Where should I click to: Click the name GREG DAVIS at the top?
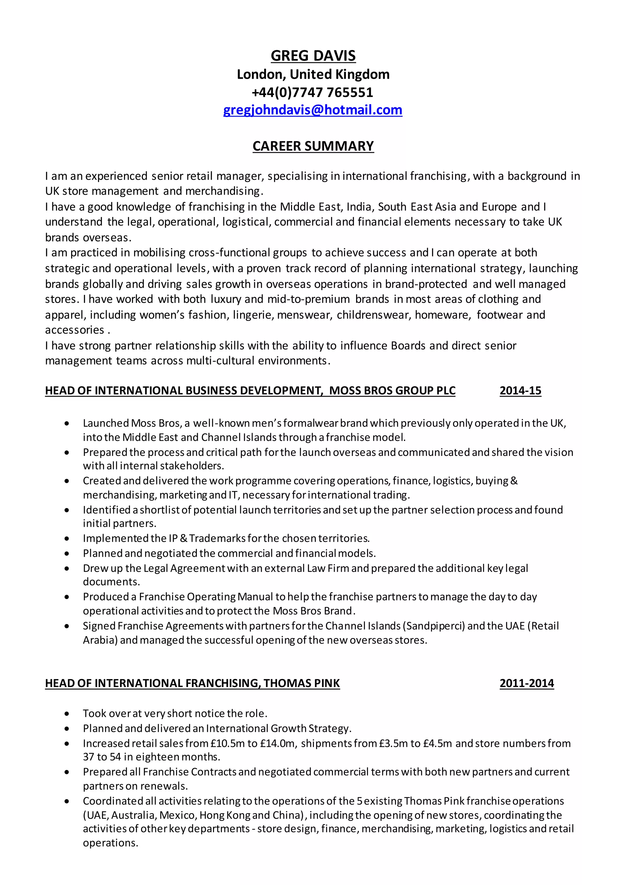pyautogui.click(x=313, y=56)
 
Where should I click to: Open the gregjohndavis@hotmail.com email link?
pyautogui.click(x=313, y=110)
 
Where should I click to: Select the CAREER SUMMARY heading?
pyautogui.click(x=313, y=146)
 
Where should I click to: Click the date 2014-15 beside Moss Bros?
pyautogui.click(x=520, y=391)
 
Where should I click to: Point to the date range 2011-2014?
pyautogui.click(x=527, y=683)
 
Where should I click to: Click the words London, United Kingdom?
pyautogui.click(x=313, y=74)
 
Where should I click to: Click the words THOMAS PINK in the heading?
pyautogui.click(x=301, y=683)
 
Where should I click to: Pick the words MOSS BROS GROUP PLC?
pyautogui.click(x=392, y=391)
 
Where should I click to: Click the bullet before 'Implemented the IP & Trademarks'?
pyautogui.click(x=67, y=539)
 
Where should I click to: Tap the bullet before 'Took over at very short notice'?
pyautogui.click(x=67, y=714)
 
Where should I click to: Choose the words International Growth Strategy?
pyautogui.click(x=278, y=728)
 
